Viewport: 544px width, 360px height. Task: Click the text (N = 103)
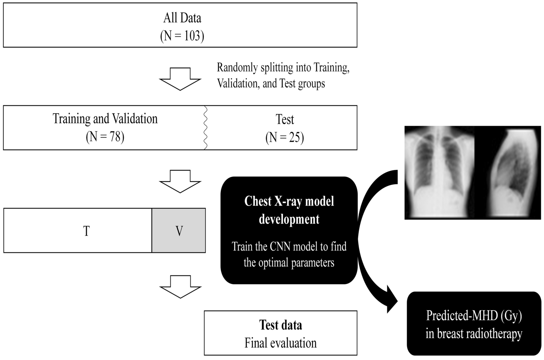click(x=182, y=36)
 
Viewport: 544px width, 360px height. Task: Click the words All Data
click(x=182, y=18)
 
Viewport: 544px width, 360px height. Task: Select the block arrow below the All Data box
click(x=180, y=79)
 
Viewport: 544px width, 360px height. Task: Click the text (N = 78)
click(x=105, y=137)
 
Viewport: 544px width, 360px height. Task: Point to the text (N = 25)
click(x=285, y=138)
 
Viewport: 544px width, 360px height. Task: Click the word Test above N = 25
click(x=285, y=119)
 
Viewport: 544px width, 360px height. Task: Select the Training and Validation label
click(x=105, y=119)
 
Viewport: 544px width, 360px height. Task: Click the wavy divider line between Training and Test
click(x=205, y=128)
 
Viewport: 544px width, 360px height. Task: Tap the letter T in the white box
click(x=86, y=231)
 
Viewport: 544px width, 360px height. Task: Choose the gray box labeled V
click(x=179, y=231)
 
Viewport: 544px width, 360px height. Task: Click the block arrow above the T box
click(x=180, y=181)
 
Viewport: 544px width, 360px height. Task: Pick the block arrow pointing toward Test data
click(x=180, y=287)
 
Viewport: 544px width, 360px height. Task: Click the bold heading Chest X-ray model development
click(x=289, y=210)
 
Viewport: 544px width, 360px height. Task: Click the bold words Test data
click(x=280, y=325)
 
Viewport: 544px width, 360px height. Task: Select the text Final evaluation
click(x=280, y=343)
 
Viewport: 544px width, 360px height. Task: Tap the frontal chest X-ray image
click(x=440, y=172)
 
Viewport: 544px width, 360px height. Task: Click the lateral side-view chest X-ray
click(x=508, y=172)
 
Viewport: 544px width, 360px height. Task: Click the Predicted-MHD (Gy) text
click(x=474, y=316)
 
